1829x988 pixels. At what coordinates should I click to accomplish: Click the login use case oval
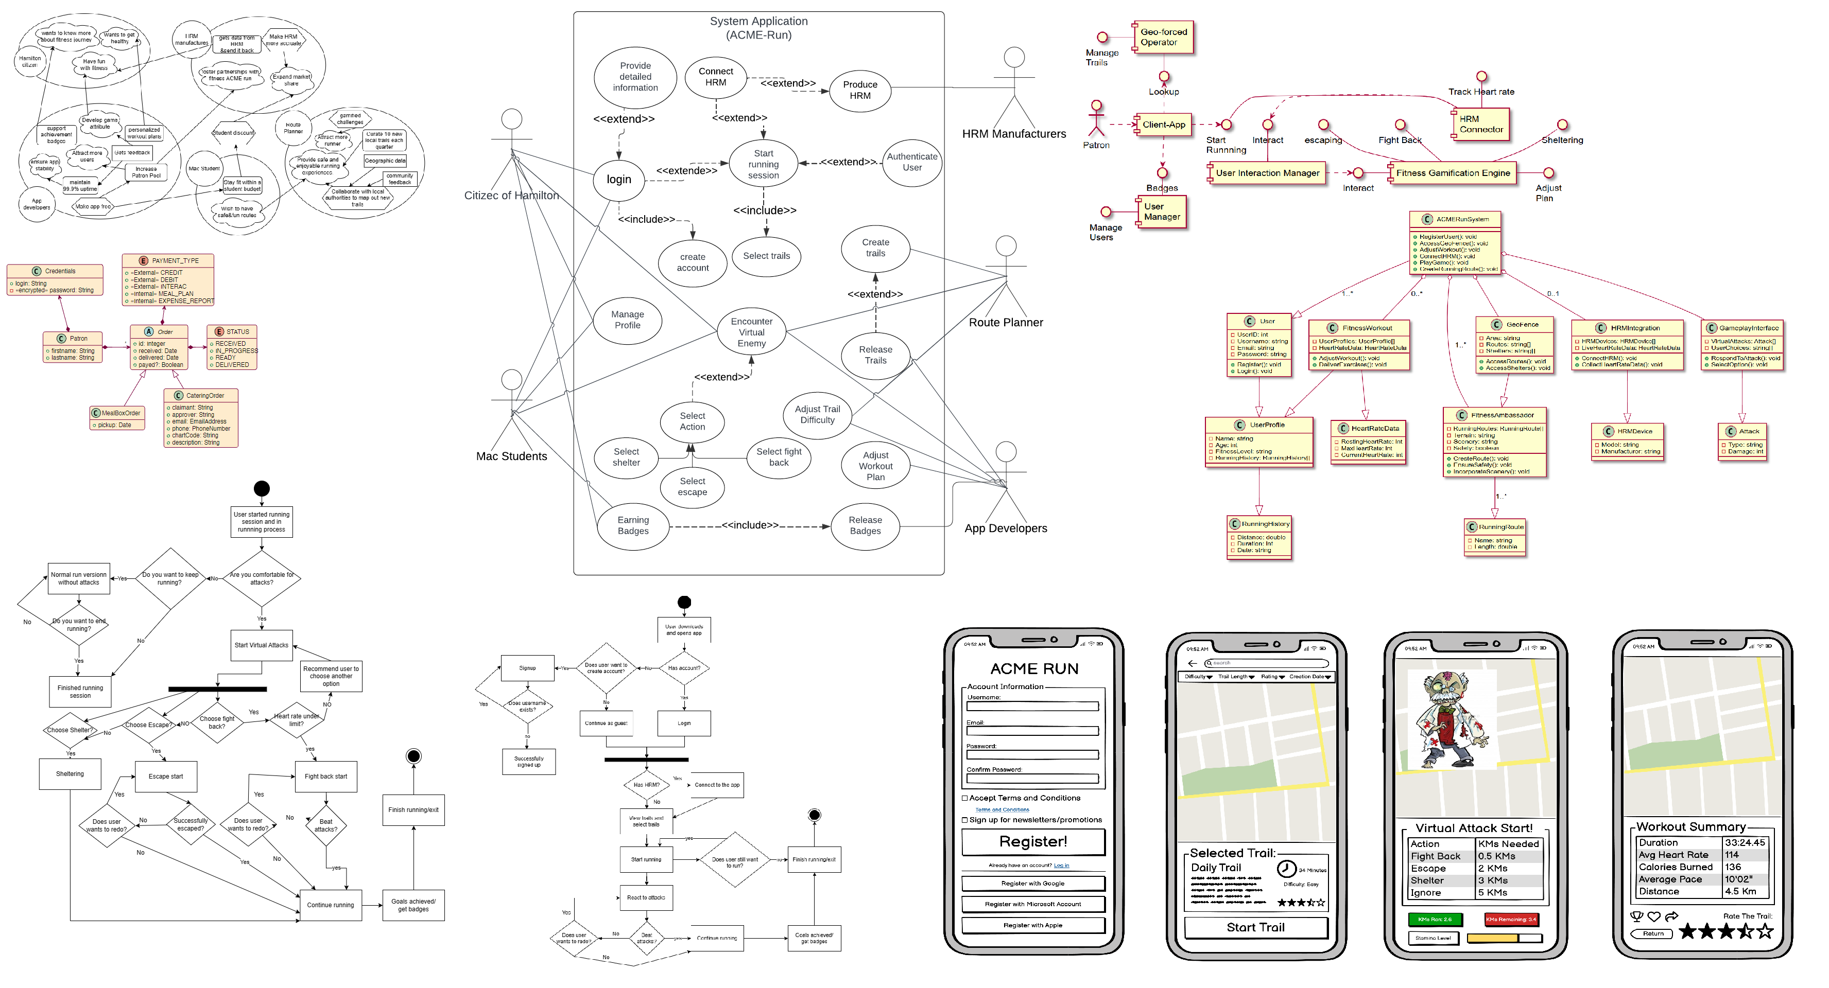point(618,180)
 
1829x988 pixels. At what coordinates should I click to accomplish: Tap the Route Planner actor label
point(1005,322)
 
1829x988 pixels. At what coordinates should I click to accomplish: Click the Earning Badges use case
point(633,525)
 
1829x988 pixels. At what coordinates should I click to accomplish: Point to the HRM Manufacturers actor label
point(1013,133)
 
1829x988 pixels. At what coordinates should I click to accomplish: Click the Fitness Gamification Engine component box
point(1453,172)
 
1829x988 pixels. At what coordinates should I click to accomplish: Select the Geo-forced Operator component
point(1163,37)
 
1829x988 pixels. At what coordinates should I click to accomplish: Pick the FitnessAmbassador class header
point(1495,415)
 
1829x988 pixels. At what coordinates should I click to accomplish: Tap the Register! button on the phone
point(1033,842)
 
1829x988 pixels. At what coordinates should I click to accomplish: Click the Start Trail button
point(1255,927)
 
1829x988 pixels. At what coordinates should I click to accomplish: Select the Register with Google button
point(1033,884)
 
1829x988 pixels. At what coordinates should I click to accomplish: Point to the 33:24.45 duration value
point(1744,842)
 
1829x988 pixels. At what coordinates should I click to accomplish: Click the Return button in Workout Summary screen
point(1652,934)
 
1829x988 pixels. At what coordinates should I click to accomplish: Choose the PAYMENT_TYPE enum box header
point(168,260)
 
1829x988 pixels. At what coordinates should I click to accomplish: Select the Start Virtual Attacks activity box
point(261,645)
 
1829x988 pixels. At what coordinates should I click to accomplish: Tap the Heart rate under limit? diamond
point(297,720)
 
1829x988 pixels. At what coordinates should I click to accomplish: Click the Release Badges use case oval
point(865,525)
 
